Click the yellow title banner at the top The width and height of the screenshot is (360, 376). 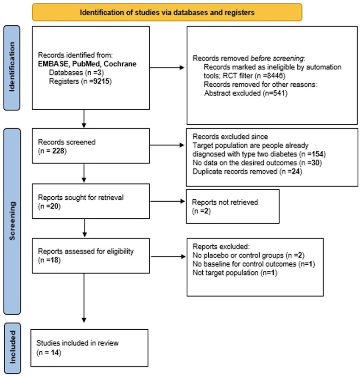tap(167, 12)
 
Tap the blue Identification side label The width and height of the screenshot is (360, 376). tap(12, 68)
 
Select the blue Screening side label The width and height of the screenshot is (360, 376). tap(12, 221)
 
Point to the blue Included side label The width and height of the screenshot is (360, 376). tap(12, 348)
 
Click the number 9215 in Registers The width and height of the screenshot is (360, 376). tap(101, 81)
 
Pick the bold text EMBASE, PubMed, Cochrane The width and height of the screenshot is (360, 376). tap(87, 64)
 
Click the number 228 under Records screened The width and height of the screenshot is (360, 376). tap(58, 151)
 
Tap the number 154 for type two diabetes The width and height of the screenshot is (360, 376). tap(318, 154)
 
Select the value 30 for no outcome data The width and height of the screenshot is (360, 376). tap(315, 163)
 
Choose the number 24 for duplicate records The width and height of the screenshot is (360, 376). tap(295, 172)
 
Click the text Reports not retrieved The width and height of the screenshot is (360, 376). tap(225, 202)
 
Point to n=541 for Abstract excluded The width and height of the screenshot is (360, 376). tap(275, 93)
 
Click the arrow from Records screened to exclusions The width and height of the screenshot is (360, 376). tap(167, 145)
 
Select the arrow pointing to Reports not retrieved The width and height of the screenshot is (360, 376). tap(167, 201)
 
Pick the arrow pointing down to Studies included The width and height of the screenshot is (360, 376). tap(84, 298)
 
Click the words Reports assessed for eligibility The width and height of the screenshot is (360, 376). tap(85, 251)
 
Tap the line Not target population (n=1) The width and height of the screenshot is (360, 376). tap(235, 272)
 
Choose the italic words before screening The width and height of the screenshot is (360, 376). tap(277, 58)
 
